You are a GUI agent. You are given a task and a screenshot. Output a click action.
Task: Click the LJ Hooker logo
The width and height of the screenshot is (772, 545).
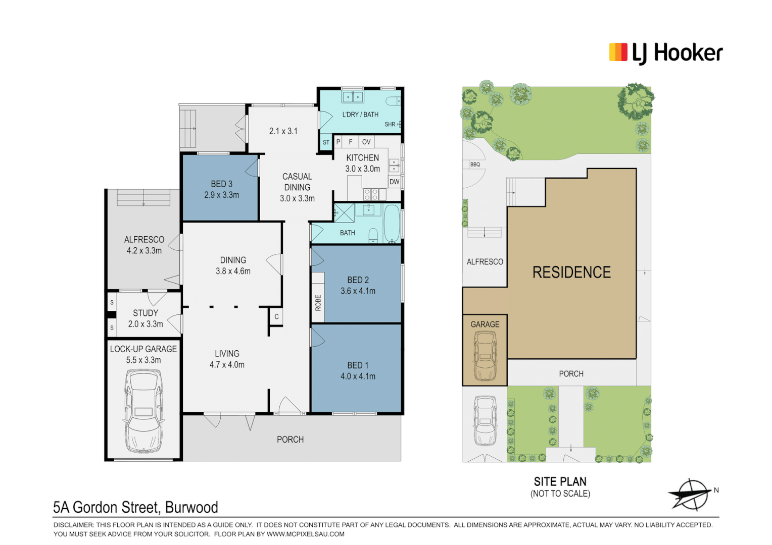click(665, 53)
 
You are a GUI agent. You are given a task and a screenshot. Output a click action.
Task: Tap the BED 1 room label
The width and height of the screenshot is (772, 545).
click(358, 365)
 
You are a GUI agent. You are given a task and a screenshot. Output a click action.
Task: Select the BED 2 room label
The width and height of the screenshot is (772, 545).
click(358, 280)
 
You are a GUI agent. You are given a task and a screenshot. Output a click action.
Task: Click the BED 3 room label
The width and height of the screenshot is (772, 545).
click(221, 184)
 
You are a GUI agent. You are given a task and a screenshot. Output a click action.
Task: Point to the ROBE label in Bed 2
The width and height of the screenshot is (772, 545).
click(318, 302)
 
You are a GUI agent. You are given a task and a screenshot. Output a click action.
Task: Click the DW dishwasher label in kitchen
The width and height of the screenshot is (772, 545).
click(394, 182)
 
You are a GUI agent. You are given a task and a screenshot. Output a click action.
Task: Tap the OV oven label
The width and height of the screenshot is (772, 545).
click(366, 142)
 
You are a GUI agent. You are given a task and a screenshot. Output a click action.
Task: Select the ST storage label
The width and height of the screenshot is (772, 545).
click(326, 143)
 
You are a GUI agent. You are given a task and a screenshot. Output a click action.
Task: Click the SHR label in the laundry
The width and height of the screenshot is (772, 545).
click(390, 125)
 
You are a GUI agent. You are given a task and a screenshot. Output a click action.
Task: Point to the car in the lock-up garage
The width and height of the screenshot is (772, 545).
click(143, 410)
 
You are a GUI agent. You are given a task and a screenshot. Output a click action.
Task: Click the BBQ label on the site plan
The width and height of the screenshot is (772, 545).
click(475, 165)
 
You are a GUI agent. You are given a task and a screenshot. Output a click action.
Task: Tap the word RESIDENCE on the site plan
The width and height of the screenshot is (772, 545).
click(571, 272)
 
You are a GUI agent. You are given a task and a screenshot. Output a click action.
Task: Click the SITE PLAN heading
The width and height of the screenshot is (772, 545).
click(560, 482)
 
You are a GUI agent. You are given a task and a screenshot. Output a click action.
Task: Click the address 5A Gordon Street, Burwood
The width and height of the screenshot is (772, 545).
click(135, 507)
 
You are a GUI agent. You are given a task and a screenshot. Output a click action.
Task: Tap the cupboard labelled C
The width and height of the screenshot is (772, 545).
click(276, 317)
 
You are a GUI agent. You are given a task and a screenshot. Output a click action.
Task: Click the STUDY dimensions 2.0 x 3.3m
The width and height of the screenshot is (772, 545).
click(146, 324)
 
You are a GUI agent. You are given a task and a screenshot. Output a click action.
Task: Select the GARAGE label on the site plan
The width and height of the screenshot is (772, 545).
click(485, 324)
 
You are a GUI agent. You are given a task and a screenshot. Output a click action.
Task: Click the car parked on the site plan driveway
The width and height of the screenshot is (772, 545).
click(485, 420)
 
